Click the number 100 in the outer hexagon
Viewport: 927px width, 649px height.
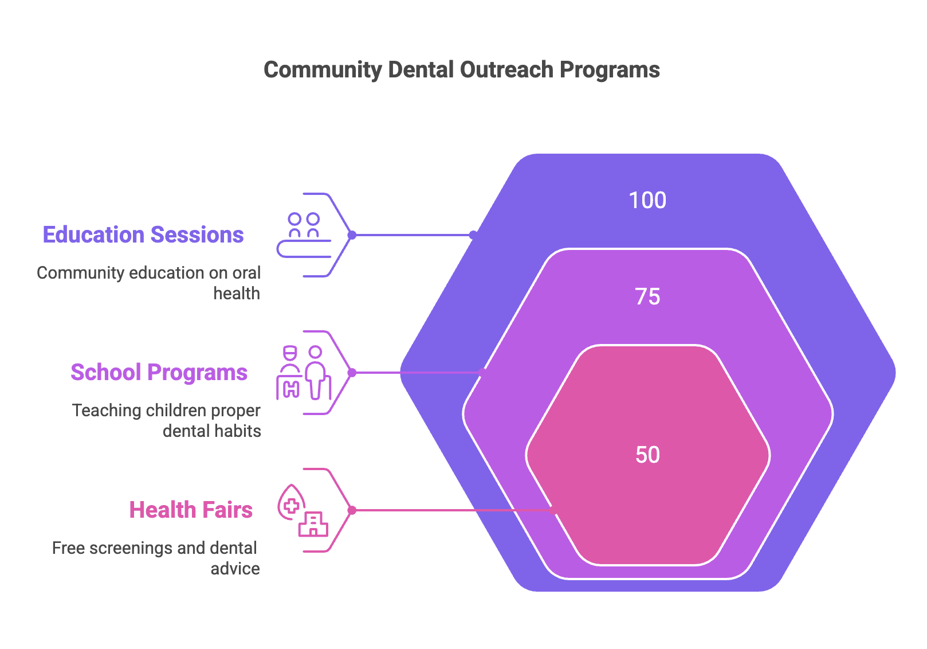point(647,201)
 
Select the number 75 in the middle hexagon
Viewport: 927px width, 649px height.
point(647,297)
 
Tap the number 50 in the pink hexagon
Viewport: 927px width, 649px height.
point(647,455)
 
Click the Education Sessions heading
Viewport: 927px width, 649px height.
point(143,235)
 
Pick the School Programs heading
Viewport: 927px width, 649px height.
point(159,373)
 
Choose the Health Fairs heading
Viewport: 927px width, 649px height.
point(191,510)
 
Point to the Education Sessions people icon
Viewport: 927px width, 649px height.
point(304,235)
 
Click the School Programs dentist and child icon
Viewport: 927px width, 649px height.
point(304,373)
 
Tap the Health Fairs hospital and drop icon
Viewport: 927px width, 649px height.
point(303,510)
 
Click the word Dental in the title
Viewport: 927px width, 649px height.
point(421,70)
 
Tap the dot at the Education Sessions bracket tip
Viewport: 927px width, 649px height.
point(352,235)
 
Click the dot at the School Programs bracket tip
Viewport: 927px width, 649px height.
point(352,373)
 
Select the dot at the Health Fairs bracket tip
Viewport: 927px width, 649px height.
point(352,510)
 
